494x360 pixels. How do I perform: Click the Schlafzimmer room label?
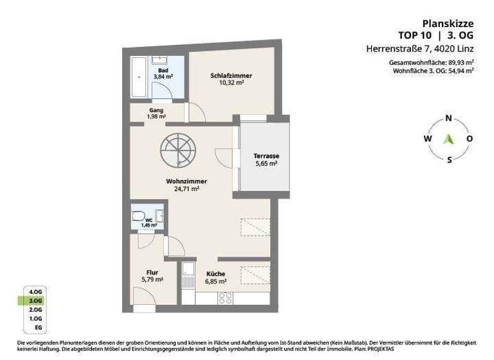tap(231, 76)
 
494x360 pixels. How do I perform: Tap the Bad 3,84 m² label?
tap(163, 73)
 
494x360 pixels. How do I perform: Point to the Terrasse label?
tap(265, 156)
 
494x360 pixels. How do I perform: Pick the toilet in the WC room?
tap(138, 217)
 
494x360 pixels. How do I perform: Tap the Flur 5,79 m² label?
tap(152, 276)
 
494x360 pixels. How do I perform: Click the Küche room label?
tap(215, 274)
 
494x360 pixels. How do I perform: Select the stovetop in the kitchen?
tap(226, 298)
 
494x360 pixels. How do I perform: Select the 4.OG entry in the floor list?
tap(35, 291)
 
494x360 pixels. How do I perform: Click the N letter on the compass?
tap(448, 118)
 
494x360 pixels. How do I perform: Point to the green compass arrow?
tap(449, 138)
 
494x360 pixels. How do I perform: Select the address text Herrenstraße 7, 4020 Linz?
tap(420, 48)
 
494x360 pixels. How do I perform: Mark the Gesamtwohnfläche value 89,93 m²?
tap(458, 62)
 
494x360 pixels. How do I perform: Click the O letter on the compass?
tap(470, 139)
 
